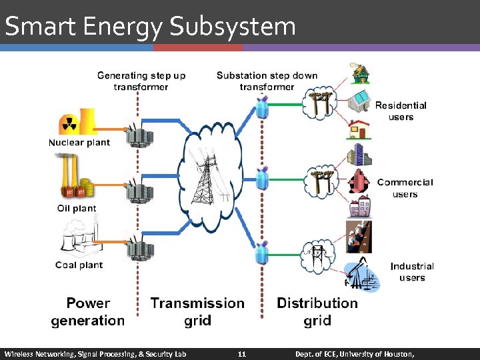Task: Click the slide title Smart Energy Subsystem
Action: [x=150, y=27]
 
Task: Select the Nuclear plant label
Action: [x=79, y=142]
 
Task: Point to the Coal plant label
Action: [x=79, y=265]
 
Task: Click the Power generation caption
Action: [x=88, y=312]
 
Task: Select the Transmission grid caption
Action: [x=197, y=312]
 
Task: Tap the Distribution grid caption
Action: [x=317, y=312]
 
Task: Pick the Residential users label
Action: [x=401, y=111]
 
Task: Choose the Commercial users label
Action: [x=405, y=188]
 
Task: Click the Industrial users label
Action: [x=412, y=271]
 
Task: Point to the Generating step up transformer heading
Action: [x=141, y=81]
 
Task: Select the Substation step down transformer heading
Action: [x=267, y=81]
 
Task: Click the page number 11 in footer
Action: [x=242, y=353]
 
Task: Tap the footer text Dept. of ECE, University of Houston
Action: [x=355, y=353]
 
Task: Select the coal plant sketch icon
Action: [x=78, y=239]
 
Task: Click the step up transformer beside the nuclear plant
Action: [x=141, y=135]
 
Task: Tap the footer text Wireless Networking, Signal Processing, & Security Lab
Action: [x=95, y=353]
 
